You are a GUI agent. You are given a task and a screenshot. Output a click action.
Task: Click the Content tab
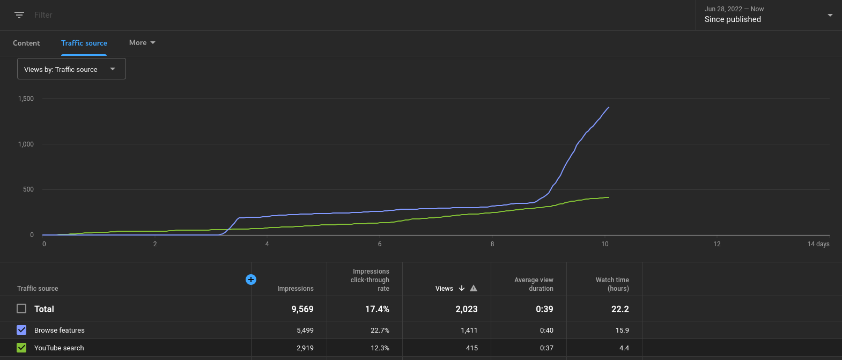point(26,43)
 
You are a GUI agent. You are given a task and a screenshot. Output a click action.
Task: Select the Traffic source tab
point(84,43)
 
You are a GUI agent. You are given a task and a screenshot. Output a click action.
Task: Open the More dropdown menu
point(142,42)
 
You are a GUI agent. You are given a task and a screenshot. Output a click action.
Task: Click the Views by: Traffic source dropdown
point(71,69)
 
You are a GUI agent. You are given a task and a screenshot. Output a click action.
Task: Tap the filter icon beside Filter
point(19,15)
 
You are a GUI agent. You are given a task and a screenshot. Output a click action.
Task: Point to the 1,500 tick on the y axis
point(26,99)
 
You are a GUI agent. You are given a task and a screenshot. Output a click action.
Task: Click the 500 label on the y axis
point(28,189)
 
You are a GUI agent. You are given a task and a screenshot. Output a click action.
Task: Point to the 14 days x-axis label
point(818,244)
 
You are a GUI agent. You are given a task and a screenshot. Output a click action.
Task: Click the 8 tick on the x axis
point(492,244)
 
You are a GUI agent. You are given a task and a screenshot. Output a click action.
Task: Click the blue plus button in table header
point(250,280)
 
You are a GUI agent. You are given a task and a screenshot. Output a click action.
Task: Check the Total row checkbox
point(21,309)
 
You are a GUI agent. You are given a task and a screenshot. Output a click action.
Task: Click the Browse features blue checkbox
point(21,330)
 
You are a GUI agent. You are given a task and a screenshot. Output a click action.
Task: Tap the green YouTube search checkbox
point(21,348)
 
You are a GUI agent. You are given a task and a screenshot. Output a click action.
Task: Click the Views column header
point(444,289)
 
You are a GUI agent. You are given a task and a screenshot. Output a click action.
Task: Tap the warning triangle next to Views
point(474,289)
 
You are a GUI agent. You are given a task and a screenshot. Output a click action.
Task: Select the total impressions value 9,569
point(302,309)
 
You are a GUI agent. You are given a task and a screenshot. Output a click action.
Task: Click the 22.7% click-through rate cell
point(380,330)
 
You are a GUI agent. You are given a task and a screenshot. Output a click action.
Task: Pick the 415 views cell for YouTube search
point(472,348)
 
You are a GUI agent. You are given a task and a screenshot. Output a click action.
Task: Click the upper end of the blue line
point(609,107)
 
